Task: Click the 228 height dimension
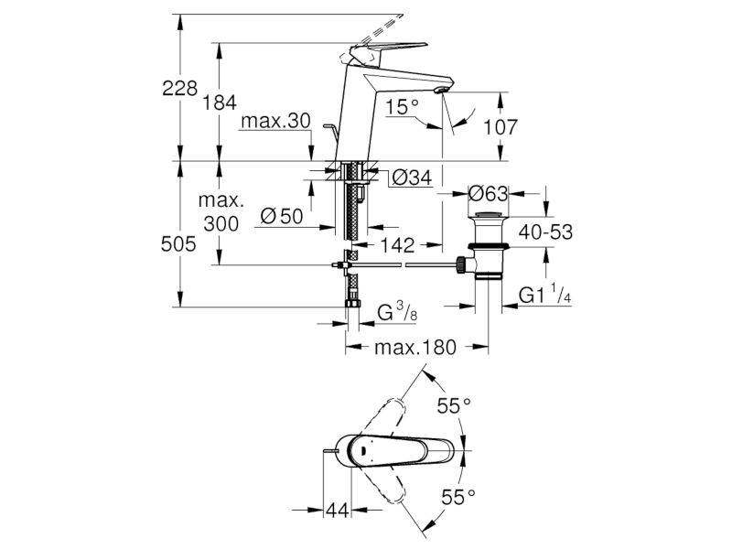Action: click(179, 88)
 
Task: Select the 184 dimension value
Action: click(219, 102)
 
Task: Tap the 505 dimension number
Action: click(178, 243)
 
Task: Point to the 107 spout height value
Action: click(500, 127)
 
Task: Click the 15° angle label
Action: click(402, 108)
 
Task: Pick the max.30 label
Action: click(275, 122)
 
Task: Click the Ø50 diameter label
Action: click(282, 217)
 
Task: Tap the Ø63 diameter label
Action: click(488, 193)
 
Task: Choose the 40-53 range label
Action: click(545, 232)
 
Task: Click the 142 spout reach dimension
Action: click(397, 244)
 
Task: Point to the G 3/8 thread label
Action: click(397, 312)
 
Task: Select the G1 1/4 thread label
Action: click(544, 295)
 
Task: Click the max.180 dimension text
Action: click(415, 347)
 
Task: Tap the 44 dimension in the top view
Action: click(337, 510)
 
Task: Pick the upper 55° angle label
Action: click(454, 406)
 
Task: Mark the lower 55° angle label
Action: click(458, 498)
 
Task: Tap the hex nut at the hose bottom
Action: click(352, 304)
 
